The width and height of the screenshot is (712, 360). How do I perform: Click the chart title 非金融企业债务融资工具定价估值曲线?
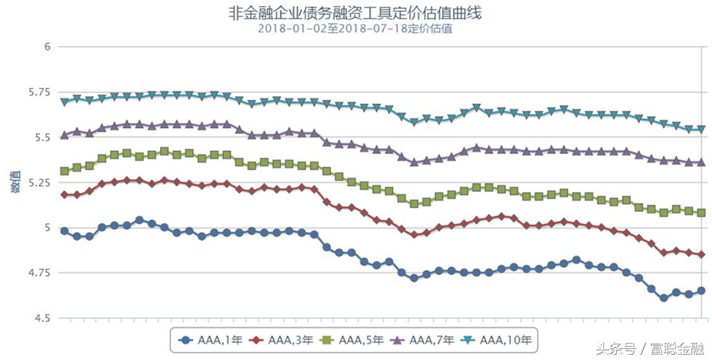tap(355, 13)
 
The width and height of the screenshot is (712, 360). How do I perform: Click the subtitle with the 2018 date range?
tap(355, 29)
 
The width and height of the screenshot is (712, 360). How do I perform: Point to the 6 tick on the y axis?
tap(46, 46)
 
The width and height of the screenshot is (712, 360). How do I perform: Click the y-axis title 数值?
tap(16, 183)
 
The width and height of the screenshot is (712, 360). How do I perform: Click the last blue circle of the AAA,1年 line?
tap(701, 291)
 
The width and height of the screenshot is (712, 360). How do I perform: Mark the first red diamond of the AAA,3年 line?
tap(64, 195)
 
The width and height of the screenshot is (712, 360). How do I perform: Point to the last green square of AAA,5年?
tap(701, 213)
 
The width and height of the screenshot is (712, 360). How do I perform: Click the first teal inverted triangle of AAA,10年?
tap(64, 102)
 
